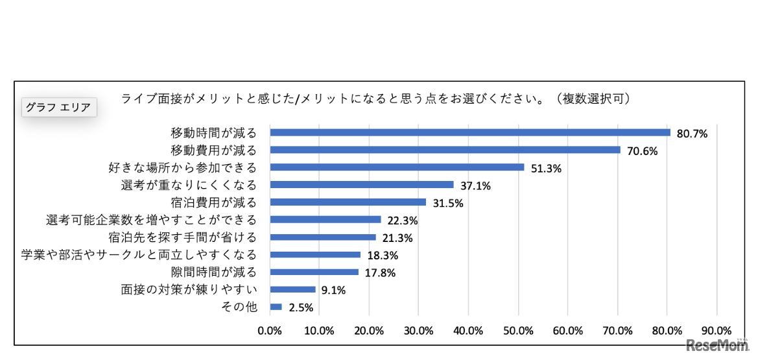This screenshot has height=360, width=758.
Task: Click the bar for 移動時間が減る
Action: [470, 132]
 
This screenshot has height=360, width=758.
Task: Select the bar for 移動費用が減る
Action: [445, 150]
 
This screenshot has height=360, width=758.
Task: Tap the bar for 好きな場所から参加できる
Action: [397, 167]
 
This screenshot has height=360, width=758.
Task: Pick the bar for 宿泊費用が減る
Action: [348, 202]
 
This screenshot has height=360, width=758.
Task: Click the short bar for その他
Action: [276, 307]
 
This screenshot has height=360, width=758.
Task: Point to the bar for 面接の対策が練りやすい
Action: [292, 289]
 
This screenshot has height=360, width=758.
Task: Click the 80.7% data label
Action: [692, 134]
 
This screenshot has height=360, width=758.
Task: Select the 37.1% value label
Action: [475, 186]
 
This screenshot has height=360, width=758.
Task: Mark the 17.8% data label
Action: [379, 273]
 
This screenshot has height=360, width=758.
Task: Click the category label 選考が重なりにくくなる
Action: [189, 186]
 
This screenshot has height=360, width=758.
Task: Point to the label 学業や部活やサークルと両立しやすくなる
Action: [139, 254]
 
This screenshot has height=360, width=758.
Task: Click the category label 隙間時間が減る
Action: [213, 272]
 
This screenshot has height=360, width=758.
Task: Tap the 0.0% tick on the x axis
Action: [270, 330]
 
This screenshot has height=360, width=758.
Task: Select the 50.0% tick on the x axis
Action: [518, 330]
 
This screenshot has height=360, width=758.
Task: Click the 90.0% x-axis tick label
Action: [717, 330]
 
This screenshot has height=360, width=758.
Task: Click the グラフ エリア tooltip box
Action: [59, 107]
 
